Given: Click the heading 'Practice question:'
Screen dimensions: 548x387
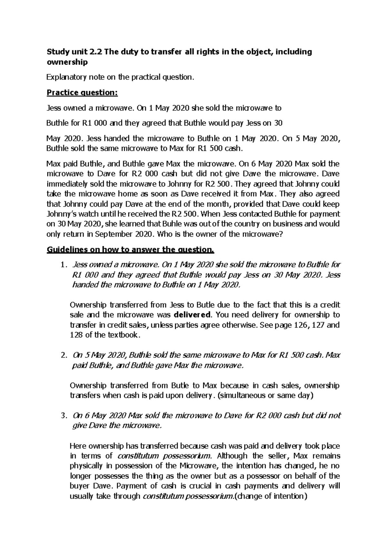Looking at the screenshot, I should click(82, 93).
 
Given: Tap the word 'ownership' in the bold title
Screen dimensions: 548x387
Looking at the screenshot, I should click(67, 62).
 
